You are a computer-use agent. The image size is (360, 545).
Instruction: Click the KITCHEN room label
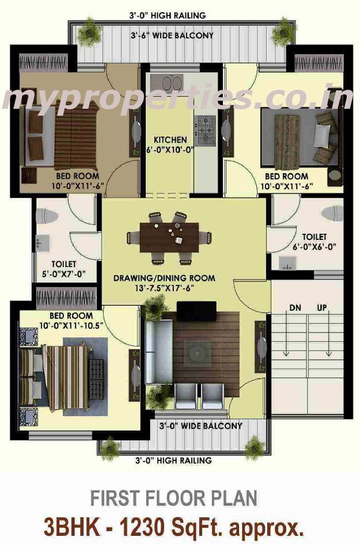point(170,140)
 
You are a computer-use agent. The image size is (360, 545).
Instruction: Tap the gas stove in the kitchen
point(205,130)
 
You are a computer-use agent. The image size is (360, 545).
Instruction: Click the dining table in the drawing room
point(169,238)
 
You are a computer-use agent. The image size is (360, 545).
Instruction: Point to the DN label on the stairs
point(295,307)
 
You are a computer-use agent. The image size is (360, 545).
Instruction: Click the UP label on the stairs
point(322,307)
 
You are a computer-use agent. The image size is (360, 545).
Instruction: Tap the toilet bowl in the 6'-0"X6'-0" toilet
point(332,213)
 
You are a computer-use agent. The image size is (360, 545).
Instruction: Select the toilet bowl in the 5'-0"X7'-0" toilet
point(47,216)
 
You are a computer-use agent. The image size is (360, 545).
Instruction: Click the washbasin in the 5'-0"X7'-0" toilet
point(43,242)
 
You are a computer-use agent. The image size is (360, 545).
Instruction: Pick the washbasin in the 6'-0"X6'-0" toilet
point(287,263)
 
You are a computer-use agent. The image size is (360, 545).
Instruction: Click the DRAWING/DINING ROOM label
point(164,278)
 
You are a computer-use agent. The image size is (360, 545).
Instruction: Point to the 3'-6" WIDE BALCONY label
point(172,36)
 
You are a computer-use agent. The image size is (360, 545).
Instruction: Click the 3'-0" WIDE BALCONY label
point(200,426)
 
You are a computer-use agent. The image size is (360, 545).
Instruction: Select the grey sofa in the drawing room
point(158,352)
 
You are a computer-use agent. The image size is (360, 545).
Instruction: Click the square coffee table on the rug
point(198,353)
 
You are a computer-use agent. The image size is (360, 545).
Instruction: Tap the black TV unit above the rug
point(196,311)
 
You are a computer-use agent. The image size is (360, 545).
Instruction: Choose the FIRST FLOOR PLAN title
point(174,498)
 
